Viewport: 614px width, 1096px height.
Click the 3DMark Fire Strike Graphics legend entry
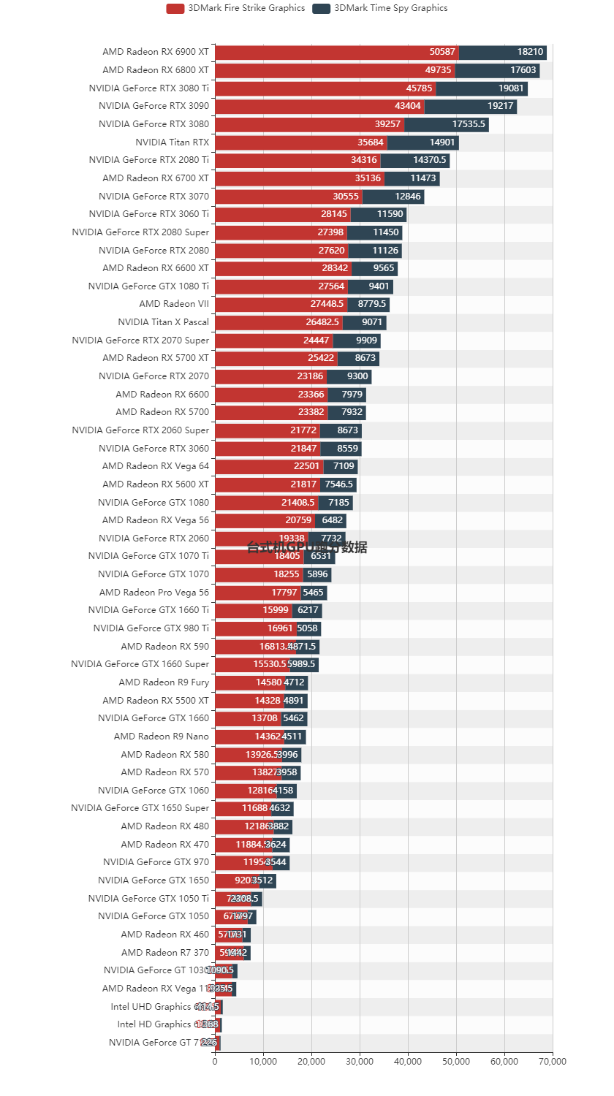click(x=235, y=8)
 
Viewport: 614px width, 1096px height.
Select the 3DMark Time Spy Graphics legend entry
click(x=380, y=8)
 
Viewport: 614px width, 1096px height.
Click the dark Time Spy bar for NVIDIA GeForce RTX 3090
click(x=471, y=106)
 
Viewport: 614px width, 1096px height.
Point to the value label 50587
click(x=442, y=52)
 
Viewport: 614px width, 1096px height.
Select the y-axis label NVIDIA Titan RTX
click(x=172, y=142)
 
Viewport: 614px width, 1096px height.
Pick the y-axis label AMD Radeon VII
click(x=173, y=304)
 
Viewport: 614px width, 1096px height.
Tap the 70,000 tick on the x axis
click(x=552, y=1061)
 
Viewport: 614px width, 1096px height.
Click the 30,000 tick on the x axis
click(x=360, y=1061)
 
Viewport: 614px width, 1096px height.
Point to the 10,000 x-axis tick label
click(x=263, y=1061)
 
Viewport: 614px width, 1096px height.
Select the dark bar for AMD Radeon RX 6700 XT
click(x=412, y=178)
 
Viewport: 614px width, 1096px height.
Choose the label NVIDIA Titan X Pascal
click(x=163, y=321)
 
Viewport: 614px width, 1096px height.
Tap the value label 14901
click(x=442, y=142)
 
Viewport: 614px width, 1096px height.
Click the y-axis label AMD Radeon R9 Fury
click(x=164, y=682)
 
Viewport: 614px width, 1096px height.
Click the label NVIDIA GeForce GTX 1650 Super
click(x=140, y=808)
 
